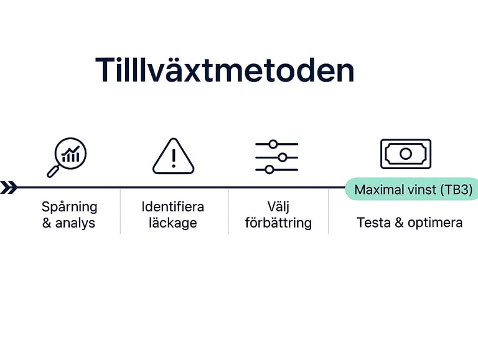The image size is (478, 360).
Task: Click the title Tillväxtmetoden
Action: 225,70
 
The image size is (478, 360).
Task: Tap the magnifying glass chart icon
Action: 67,157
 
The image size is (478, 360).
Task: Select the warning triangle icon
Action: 174,156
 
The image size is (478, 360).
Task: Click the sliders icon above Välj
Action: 276,157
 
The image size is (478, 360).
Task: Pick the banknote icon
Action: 406,154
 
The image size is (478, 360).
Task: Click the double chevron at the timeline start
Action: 8,187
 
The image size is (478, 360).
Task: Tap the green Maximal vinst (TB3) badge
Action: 412,189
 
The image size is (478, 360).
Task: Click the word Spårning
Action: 70,206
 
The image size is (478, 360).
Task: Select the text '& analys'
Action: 68,223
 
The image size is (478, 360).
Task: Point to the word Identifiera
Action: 173,206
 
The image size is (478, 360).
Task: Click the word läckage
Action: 173,223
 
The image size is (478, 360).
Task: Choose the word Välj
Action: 278,206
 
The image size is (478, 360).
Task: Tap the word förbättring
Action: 278,223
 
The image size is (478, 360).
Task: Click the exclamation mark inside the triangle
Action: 174,159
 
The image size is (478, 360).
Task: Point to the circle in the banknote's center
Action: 406,154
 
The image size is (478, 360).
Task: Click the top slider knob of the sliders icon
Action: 273,144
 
